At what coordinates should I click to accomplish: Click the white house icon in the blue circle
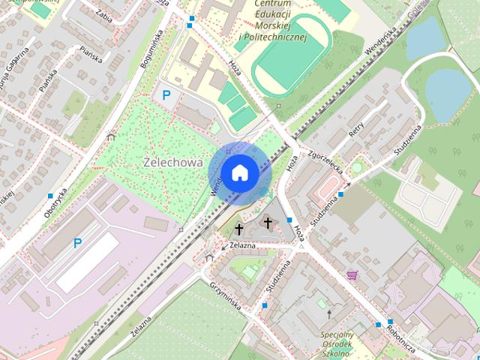pyautogui.click(x=239, y=173)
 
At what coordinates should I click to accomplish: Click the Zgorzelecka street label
pyautogui.click(x=324, y=160)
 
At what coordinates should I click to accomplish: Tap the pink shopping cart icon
pyautogui.click(x=352, y=275)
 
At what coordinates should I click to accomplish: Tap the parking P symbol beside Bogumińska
pyautogui.click(x=166, y=95)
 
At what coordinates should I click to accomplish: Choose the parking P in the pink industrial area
pyautogui.click(x=77, y=243)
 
